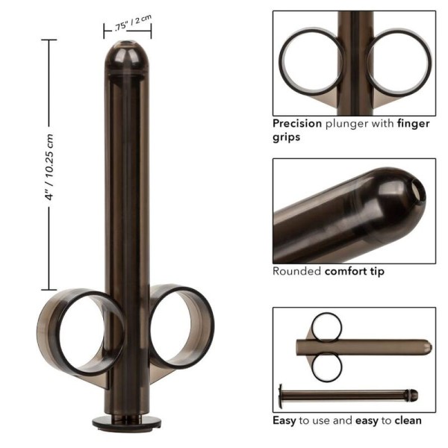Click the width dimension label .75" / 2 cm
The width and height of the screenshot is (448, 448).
(127, 25)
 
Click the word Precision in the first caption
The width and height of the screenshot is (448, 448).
(297, 124)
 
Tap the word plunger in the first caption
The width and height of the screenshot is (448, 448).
(346, 124)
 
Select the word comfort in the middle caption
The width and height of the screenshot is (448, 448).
(344, 271)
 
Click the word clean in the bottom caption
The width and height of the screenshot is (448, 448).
(407, 420)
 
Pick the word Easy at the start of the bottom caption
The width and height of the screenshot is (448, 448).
(284, 420)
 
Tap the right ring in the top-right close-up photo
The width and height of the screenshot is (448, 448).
(399, 62)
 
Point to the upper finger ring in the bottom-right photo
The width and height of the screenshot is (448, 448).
(326, 326)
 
